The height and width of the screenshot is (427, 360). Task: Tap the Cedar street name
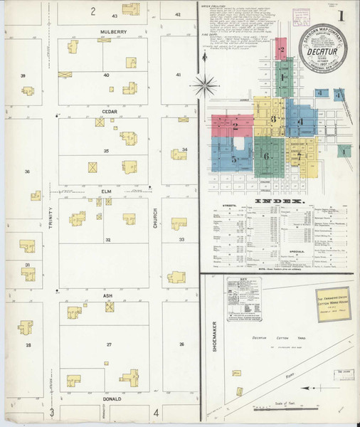109,112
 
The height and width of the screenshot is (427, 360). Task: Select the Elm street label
107,191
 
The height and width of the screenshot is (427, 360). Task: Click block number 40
106,75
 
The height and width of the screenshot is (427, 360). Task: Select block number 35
106,151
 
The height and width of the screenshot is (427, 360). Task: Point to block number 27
109,344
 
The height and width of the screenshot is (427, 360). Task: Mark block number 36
28,172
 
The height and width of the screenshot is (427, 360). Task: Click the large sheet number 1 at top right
342,16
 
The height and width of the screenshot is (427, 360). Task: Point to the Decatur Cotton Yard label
272,339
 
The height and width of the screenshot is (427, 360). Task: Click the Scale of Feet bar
288,408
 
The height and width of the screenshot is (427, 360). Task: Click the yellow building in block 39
28,91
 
